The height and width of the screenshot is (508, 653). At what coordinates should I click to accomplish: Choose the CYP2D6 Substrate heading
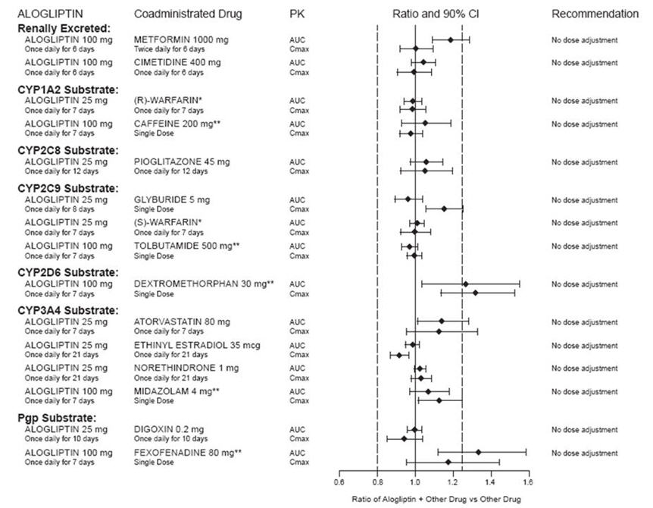coord(67,271)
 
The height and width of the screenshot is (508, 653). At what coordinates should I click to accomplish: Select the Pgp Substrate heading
coord(56,418)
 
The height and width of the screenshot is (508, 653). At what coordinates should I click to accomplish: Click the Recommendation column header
coord(595,14)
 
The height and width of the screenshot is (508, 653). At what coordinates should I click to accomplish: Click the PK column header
coord(297,14)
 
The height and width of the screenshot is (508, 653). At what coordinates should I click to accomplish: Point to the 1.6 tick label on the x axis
coord(527,481)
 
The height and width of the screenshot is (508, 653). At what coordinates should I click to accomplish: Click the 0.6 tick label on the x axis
coord(339,481)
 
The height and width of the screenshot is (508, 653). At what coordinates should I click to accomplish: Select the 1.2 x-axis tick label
coord(451,481)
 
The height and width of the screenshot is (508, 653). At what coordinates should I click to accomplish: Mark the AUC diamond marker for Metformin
coord(450,39)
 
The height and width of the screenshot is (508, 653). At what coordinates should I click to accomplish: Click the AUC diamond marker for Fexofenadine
coord(478,452)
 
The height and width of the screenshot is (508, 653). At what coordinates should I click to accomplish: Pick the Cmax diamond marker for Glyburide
coord(444,209)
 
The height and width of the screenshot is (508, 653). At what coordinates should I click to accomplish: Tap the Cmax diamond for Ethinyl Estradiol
coord(399,354)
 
